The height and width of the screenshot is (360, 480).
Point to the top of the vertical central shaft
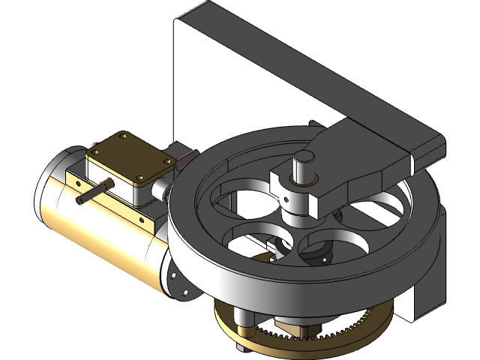(304, 157)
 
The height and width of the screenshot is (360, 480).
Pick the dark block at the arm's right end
(427, 146)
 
